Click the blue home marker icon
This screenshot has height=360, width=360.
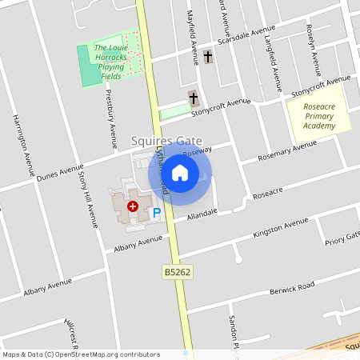180,173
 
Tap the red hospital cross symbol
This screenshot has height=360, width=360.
133,206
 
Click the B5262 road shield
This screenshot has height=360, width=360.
178,273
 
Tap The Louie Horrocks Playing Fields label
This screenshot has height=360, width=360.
111,62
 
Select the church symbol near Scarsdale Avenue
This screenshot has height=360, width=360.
208,57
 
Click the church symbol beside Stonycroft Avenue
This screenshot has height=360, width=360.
193,98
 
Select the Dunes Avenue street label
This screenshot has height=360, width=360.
60,174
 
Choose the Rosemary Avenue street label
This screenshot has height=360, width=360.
287,151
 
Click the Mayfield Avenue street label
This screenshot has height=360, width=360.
192,38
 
